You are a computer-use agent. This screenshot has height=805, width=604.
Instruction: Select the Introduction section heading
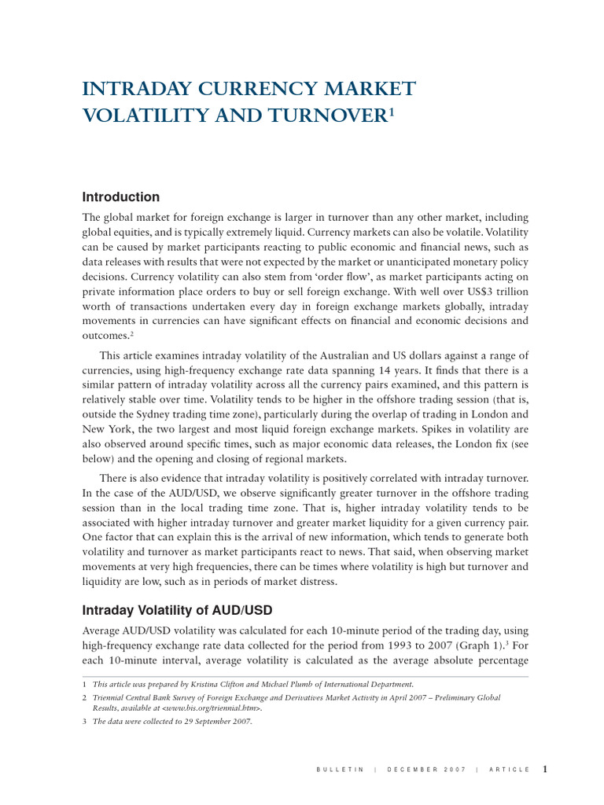click(x=121, y=197)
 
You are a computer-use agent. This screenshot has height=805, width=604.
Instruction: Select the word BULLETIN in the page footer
click(x=338, y=770)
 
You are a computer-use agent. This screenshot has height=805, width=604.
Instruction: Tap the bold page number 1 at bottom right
click(x=544, y=769)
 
